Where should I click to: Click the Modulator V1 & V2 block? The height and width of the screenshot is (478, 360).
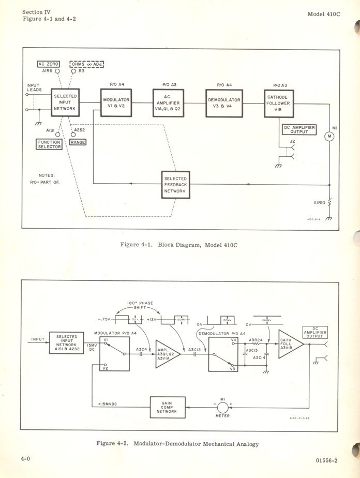[x=116, y=102]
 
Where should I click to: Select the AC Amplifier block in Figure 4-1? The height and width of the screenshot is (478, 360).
[x=168, y=102]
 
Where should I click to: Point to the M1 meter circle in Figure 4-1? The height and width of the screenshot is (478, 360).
[x=329, y=136]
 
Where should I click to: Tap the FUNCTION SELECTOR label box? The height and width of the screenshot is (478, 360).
[x=49, y=144]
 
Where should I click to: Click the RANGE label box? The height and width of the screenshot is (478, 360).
[x=78, y=142]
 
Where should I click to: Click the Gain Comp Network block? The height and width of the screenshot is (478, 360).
[x=167, y=407]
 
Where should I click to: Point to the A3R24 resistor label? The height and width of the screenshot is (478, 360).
[x=254, y=339]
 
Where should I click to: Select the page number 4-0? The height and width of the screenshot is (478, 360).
[x=26, y=459]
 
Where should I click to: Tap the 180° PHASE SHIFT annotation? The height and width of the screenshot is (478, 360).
[x=140, y=305]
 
